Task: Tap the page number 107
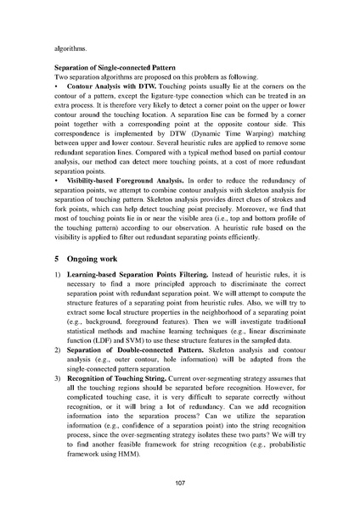[x=180, y=483]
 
